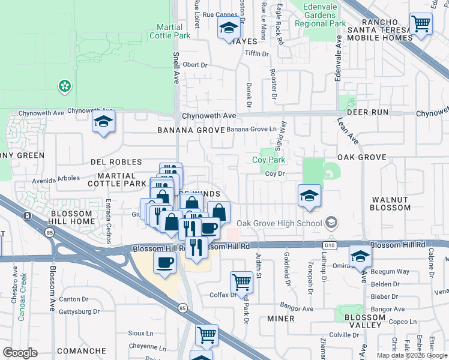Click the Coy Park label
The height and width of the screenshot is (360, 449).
point(268,160)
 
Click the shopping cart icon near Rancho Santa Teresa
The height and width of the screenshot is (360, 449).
point(421,25)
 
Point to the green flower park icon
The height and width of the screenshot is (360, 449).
point(64,87)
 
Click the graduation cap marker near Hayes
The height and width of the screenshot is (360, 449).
point(228,29)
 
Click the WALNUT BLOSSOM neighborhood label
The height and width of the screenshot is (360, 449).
point(390,203)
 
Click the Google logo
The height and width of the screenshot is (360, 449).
point(20,352)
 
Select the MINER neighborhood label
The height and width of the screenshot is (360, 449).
point(280,318)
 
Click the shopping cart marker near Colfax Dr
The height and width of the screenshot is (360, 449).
point(241,281)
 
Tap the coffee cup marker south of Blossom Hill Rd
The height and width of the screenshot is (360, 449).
point(164,262)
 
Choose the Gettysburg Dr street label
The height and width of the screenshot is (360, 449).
point(80,311)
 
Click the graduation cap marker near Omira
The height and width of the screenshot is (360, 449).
point(360,256)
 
